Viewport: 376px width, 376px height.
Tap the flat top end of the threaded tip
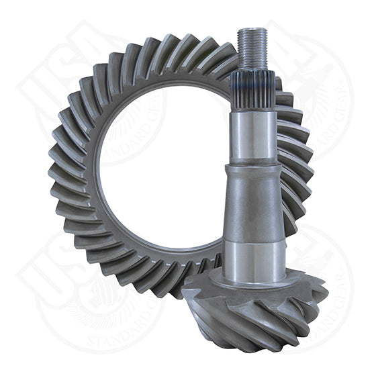coord(253,30)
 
